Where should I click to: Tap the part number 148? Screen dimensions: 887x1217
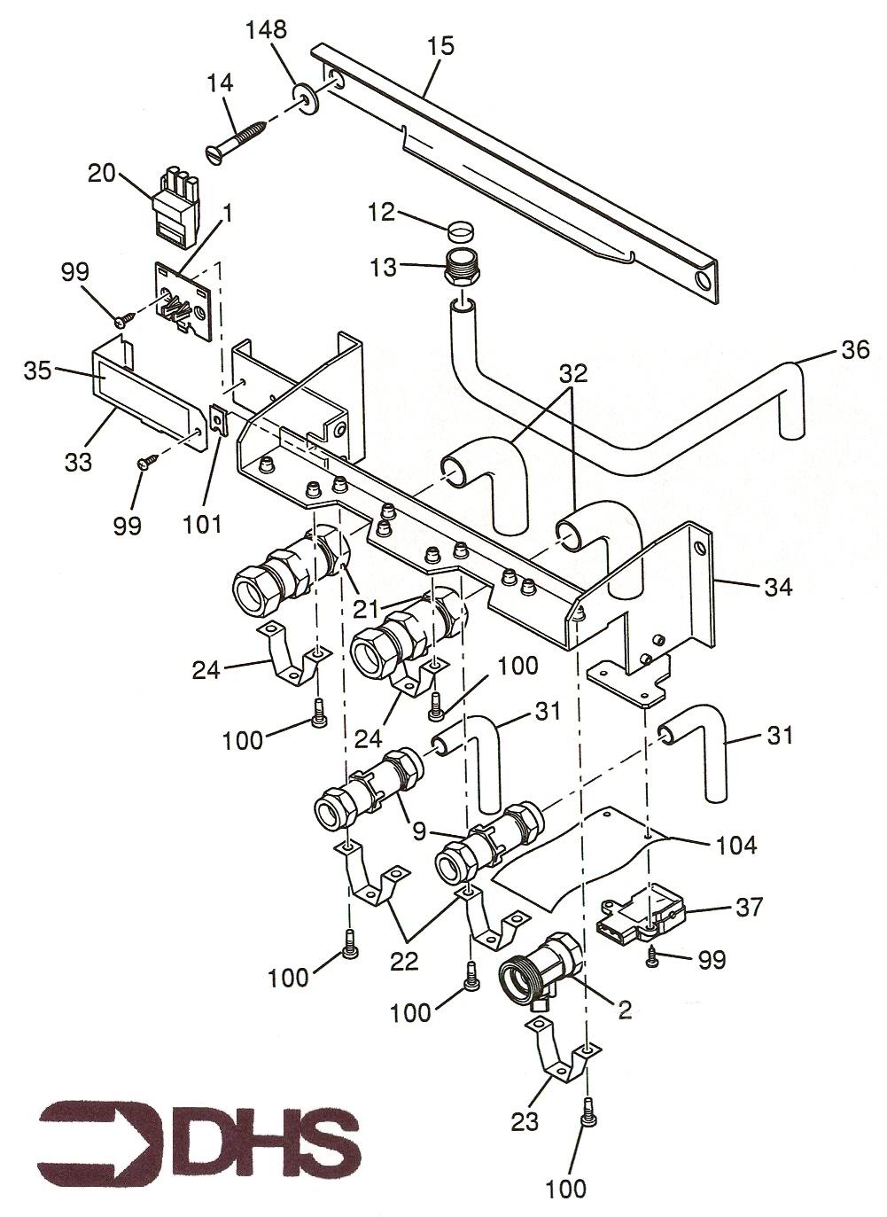click(266, 30)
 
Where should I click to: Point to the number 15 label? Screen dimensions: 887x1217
click(440, 46)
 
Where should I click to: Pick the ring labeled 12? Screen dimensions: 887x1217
click(460, 230)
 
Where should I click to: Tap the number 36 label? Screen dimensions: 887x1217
click(855, 350)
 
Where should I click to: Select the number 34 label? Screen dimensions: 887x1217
click(778, 587)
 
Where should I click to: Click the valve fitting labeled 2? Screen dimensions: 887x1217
click(541, 971)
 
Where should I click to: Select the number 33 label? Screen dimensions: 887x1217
click(78, 463)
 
